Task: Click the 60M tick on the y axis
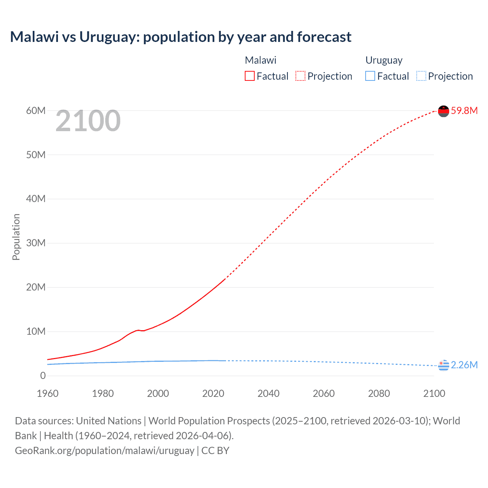(36, 111)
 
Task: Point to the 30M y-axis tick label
(36, 243)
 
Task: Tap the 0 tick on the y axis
(43, 376)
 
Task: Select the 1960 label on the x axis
(48, 393)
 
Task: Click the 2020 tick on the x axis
(213, 393)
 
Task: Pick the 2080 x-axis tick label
(379, 393)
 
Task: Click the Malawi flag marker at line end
(443, 111)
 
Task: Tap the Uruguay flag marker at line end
(443, 365)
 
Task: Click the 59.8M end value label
(464, 111)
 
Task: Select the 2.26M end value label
(464, 365)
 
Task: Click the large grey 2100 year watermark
(88, 121)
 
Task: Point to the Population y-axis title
(16, 237)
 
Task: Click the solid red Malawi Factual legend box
(250, 76)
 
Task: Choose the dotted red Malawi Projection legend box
(300, 76)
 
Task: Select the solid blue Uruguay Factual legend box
(370, 76)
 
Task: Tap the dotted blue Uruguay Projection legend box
(421, 76)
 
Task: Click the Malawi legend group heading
(260, 60)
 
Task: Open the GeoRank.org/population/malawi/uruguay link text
(105, 450)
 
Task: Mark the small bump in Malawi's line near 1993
(138, 330)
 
